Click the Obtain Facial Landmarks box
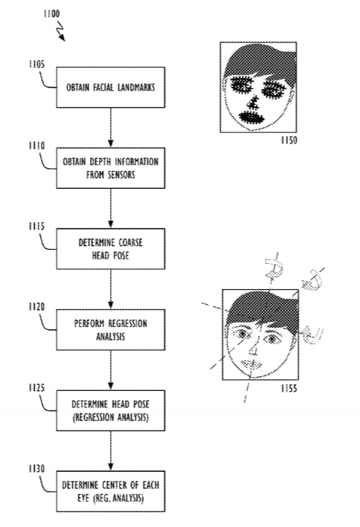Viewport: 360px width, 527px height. tap(110, 88)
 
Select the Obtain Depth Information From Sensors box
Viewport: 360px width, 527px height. tap(110, 168)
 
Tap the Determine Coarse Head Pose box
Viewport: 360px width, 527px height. tap(110, 249)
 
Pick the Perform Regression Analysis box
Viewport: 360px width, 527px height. tap(110, 330)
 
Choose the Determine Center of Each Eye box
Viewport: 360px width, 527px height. tap(110, 491)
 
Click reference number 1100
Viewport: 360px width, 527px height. tap(51, 13)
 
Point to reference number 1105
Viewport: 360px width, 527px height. tap(36, 64)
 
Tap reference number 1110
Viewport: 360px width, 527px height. tap(36, 145)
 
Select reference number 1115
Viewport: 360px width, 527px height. tap(36, 226)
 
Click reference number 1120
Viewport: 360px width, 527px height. tap(36, 306)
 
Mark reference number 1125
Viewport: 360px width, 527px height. tap(36, 387)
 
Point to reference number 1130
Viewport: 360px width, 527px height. tap(36, 468)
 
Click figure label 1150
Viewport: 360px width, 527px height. tap(289, 140)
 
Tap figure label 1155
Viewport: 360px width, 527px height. tap(289, 388)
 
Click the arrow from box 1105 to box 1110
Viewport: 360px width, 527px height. tap(110, 128)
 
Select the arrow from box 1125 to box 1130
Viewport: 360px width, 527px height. tap(110, 451)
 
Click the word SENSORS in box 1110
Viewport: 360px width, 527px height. tap(120, 175)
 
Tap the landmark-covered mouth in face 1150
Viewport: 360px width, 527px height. tap(251, 117)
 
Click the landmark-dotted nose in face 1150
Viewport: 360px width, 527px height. tap(253, 103)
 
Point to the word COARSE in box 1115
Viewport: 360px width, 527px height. tap(129, 242)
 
